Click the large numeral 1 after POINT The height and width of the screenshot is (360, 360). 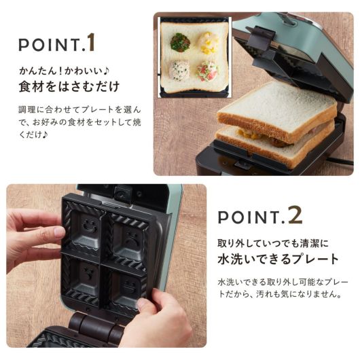[91, 42]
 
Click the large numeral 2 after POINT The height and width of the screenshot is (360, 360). [295, 215]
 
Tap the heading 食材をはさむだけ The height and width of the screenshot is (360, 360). [69, 87]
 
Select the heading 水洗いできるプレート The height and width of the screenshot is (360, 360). [278, 259]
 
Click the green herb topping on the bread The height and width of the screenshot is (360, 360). [180, 42]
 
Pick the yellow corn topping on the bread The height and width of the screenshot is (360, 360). [209, 43]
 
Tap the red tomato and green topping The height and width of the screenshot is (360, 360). [207, 71]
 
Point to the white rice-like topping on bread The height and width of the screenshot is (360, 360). [179, 71]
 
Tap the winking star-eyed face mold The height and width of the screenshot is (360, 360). [88, 272]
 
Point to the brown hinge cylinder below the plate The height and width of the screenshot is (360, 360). [96, 325]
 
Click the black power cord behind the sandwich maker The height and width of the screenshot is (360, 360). [342, 162]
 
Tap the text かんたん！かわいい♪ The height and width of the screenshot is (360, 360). [64, 71]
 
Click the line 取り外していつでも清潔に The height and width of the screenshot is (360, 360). [273, 243]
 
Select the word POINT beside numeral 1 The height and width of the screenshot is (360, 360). [49, 45]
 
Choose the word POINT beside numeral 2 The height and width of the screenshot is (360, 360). [249, 217]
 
